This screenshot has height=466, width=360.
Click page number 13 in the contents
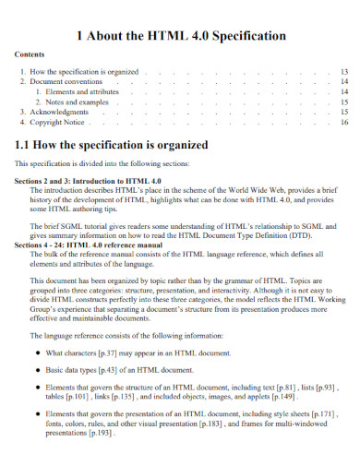point(343,71)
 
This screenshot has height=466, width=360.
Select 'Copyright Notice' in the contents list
point(62,122)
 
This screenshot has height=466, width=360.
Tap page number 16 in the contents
point(343,122)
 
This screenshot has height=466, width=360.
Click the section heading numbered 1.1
point(112,145)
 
